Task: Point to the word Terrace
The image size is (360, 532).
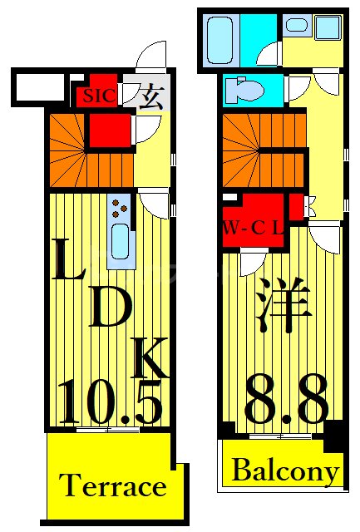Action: [113, 485]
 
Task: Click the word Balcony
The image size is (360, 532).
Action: [285, 472]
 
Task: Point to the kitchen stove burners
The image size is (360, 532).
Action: [119, 207]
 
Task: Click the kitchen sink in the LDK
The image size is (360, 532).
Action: [119, 242]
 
